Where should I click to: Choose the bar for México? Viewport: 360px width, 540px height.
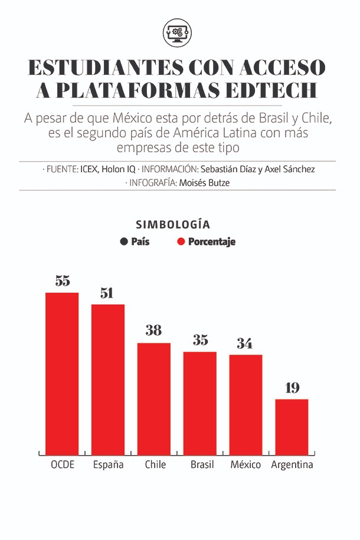pos(246,404)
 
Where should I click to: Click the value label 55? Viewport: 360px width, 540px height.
pos(63,281)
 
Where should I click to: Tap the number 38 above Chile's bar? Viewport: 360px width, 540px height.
pos(153,331)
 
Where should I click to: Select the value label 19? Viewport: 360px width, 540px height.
pos(292,388)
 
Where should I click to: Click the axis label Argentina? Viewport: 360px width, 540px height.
pos(292,465)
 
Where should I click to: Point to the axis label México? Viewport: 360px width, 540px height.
pos(246,465)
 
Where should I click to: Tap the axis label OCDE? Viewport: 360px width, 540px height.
pos(63,465)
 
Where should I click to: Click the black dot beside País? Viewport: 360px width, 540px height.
pos(124,242)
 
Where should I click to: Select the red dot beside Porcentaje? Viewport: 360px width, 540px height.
pos(181,242)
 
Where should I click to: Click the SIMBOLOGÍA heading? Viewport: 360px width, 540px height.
pos(173,225)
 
